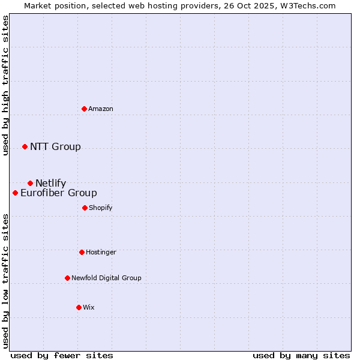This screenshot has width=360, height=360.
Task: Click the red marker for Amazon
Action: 85,109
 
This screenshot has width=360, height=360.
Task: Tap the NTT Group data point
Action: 25,146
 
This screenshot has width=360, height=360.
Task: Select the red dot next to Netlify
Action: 30,183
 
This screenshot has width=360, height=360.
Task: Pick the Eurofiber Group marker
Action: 15,193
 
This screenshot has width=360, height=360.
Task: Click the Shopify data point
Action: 85,208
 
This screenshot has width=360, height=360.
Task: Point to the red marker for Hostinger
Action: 82,252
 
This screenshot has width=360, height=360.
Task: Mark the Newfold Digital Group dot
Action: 67,278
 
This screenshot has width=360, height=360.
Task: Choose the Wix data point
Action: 79,307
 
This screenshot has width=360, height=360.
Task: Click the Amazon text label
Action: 101,109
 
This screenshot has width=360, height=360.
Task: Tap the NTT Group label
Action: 55,146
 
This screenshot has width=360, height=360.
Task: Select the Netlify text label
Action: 50,183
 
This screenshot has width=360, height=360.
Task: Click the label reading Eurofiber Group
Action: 58,193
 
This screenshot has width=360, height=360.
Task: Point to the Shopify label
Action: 100,208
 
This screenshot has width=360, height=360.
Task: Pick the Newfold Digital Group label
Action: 106,278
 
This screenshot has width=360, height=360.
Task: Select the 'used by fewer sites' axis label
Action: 62,355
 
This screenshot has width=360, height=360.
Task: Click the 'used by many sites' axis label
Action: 301,355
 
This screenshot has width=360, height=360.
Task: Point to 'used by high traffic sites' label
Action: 5,85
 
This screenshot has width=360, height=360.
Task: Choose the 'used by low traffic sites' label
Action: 5,280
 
